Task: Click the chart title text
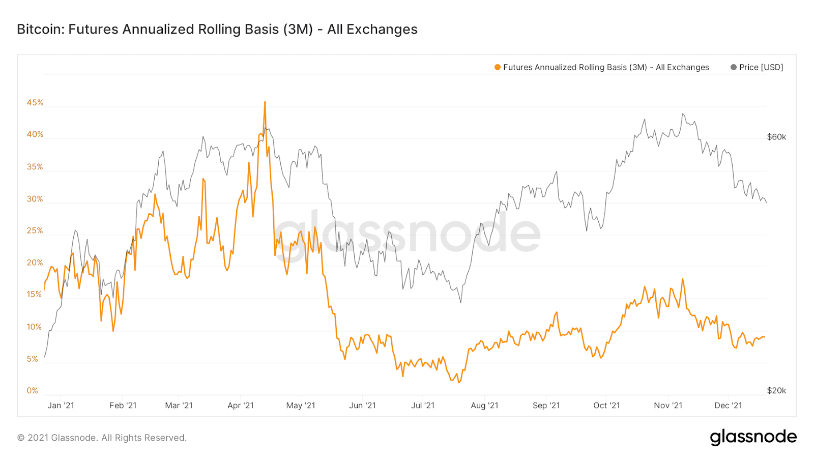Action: click(217, 30)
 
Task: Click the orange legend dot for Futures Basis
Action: click(498, 67)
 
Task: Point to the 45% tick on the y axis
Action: click(35, 103)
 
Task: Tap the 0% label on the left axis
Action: click(33, 391)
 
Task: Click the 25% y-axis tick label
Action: click(35, 231)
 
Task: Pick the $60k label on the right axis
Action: click(776, 137)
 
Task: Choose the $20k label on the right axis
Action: click(776, 391)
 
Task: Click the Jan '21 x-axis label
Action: click(61, 406)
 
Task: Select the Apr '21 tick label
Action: click(241, 406)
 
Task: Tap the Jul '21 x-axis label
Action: click(423, 406)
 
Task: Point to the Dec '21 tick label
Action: click(728, 406)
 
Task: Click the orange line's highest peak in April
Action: click(265, 102)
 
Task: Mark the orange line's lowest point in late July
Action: click(459, 382)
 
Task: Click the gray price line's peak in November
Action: click(683, 114)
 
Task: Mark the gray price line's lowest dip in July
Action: click(461, 302)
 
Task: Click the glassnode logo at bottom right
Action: click(753, 437)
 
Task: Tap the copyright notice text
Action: click(102, 438)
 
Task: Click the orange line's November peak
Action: click(682, 279)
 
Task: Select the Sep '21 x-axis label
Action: click(546, 406)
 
